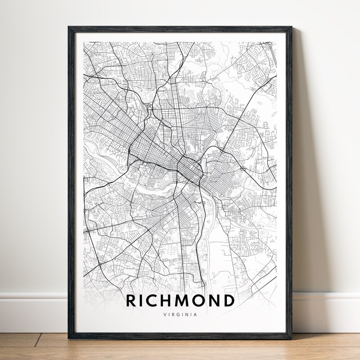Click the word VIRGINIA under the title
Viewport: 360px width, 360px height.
pos(180,315)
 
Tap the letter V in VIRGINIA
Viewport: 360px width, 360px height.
pos(164,315)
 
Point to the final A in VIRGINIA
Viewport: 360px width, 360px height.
pos(195,315)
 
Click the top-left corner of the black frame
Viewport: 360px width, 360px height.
pos(69,27)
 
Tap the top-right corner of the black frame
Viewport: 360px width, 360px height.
pos(291,27)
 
